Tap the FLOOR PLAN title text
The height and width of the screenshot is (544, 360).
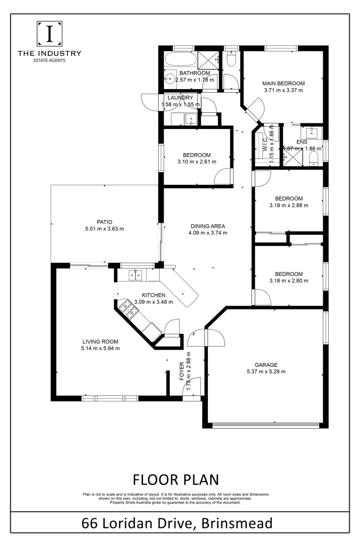coord(176,478)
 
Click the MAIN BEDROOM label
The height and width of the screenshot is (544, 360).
coord(283,83)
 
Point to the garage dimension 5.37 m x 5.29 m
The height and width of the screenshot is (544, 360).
coord(265,372)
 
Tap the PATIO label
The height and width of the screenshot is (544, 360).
coord(104,221)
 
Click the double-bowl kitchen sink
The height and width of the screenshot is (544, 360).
coord(134,275)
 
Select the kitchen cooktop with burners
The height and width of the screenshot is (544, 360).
coord(126,311)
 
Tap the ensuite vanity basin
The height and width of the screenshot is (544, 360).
coord(313,132)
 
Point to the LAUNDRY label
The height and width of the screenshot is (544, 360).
coord(180,98)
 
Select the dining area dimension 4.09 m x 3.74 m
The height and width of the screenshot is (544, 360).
coord(208,233)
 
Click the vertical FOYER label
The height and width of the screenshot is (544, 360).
coord(182,370)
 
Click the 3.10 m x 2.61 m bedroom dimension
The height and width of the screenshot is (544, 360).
coord(196,162)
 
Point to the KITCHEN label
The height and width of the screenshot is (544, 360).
coord(153,295)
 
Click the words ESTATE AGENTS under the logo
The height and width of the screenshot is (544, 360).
coord(49,60)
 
